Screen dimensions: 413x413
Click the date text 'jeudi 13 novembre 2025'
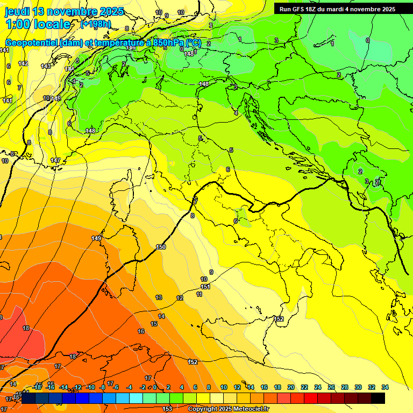pos(64,11)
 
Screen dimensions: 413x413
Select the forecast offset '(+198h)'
pos(96,24)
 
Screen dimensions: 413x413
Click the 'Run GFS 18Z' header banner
pos(337,9)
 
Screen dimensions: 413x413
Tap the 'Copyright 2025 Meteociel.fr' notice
pos(229,409)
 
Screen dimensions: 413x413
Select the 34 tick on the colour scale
pos(384,387)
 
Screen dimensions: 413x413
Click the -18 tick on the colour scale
pos(37,387)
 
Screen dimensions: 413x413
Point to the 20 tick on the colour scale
pos(291,387)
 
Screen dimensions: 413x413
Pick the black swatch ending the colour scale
pos(378,398)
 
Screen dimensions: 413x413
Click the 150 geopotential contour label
pos(161,247)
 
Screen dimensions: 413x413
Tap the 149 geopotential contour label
pos(97,238)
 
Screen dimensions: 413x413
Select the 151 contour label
pos(205,287)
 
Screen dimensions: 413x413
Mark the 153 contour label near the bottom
pos(167,409)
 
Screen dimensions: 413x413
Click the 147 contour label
pos(55,161)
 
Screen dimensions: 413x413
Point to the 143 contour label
pos(46,66)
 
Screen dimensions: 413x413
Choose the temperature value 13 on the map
pos(159,297)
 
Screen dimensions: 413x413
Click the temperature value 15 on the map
pos(154,324)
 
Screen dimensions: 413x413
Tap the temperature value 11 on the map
pos(200,295)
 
